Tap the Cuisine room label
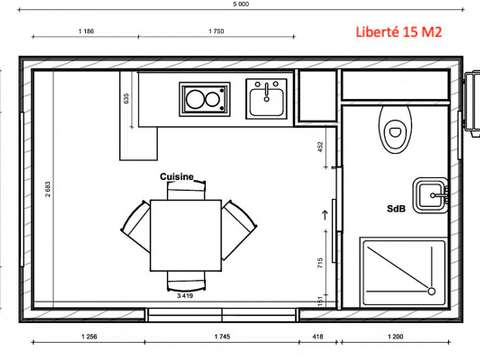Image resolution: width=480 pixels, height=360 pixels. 176,176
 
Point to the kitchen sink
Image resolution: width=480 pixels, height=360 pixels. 267,98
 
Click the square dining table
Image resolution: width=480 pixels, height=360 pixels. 185,234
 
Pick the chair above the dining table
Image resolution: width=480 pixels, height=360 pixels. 185,190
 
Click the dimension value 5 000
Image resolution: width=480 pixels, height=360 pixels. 240,4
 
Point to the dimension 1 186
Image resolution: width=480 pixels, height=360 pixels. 86,33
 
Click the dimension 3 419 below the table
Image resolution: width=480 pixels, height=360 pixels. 185,296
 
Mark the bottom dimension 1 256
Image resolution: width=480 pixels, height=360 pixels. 89,337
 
